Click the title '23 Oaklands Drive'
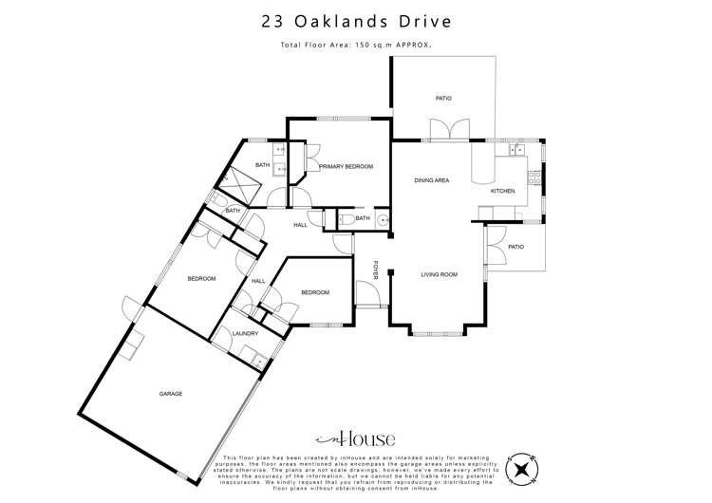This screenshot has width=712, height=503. pos(355,20)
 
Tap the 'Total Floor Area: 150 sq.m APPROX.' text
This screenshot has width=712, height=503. pos(355,45)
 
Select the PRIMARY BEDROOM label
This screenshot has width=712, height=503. pos(346,167)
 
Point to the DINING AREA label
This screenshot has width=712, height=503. pos(432,180)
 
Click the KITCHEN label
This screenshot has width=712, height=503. pos(502,191)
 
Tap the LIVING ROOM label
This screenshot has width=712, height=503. pos(440,274)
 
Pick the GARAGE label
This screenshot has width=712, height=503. pos(171,394)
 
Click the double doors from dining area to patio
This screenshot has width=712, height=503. pos(443,130)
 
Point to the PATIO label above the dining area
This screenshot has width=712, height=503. pos(442,98)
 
